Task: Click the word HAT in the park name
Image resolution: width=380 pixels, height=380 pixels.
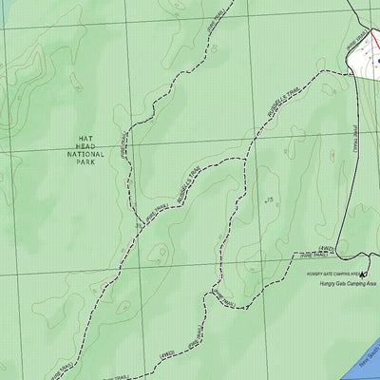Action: pos(87,137)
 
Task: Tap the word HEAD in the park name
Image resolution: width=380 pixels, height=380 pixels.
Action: pos(87,145)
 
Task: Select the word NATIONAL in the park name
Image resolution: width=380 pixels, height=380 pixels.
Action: pos(87,154)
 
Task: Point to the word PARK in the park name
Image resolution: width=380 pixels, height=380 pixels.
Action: pos(87,162)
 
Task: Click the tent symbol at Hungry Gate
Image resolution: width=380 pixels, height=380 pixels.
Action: pos(364,274)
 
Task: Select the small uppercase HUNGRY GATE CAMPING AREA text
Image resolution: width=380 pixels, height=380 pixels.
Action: pos(324,274)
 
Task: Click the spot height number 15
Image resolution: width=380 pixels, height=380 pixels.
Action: pos(270,199)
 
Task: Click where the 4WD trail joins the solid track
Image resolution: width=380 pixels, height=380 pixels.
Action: pos(338,255)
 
